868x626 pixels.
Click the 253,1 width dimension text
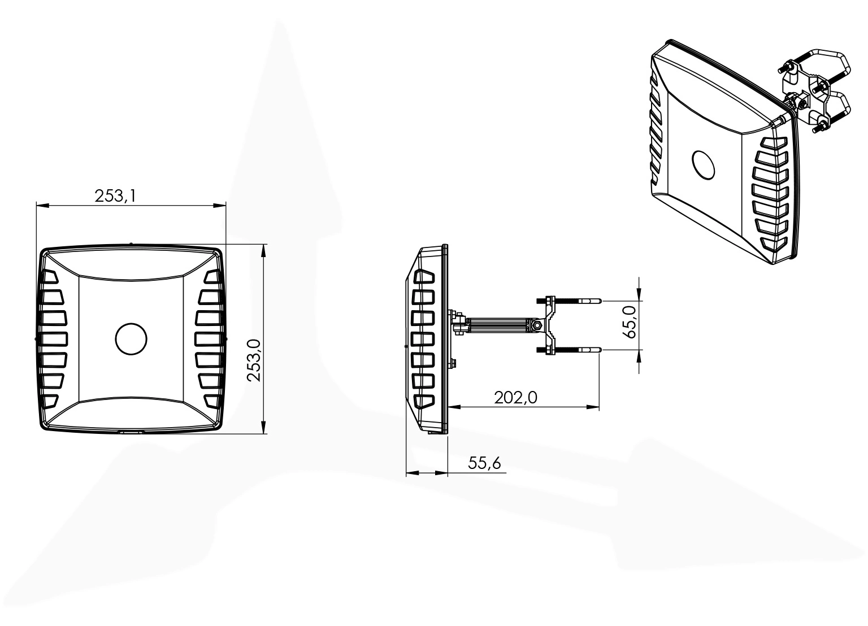116,195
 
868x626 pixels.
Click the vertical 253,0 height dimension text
254,360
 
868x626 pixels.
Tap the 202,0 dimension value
515,398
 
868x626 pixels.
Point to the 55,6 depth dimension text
484,463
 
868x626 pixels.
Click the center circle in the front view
131,339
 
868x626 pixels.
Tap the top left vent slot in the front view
50,277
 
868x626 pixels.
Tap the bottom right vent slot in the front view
212,401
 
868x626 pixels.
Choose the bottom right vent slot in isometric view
774,244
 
